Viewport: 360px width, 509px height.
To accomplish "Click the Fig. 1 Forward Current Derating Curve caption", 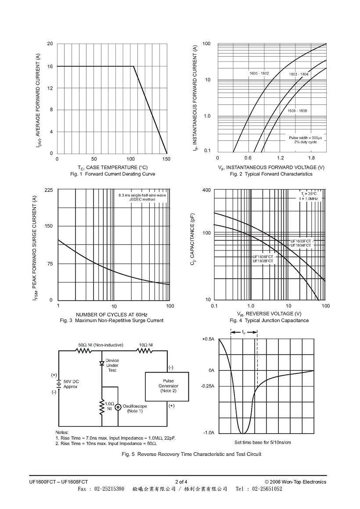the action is pos(112,174).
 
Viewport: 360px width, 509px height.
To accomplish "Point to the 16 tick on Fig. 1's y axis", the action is pos(50,66).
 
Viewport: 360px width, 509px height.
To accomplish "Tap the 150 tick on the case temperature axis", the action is pos(166,159).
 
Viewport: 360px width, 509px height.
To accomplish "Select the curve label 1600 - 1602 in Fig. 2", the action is pos(259,74).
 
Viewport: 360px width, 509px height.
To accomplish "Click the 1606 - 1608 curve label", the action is pos(297,111).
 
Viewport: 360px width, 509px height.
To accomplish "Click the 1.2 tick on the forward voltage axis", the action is pos(281,158).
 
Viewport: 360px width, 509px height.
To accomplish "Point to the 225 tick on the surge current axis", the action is pos(49,190).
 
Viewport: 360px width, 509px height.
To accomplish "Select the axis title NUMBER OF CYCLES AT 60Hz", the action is pos(112,315).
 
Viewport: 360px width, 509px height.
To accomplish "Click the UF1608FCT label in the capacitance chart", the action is pos(263,261).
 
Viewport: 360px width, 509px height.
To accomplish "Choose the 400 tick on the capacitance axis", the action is pos(206,190).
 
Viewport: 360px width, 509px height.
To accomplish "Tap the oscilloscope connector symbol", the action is pos(118,407).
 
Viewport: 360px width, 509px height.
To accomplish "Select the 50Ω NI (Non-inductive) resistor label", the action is pos(101,345).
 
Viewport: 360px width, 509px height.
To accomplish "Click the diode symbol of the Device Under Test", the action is pos(102,363).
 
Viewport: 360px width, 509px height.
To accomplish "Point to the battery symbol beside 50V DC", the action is pos(59,384).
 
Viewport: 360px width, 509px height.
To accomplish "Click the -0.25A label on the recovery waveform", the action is pos(208,386).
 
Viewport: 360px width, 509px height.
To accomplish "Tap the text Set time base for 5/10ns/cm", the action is pos(263,442).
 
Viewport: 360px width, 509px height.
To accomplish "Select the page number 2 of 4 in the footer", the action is pos(181,482).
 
